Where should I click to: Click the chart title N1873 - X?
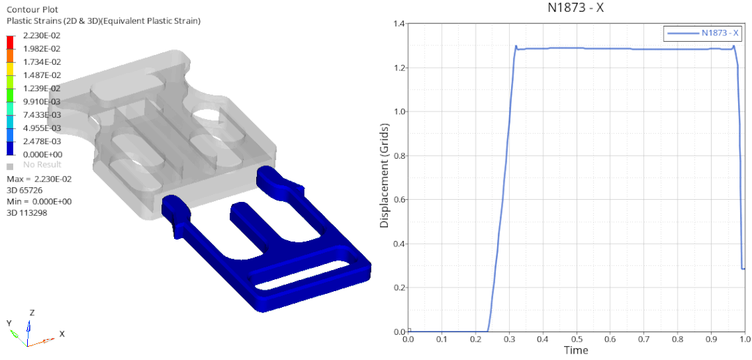coord(576,8)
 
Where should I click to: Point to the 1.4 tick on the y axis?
coord(398,23)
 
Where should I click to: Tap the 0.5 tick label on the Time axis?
coord(576,340)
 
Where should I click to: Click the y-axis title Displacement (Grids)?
coord(384,176)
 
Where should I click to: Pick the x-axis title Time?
coord(576,350)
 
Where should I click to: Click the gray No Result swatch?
coord(10,166)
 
